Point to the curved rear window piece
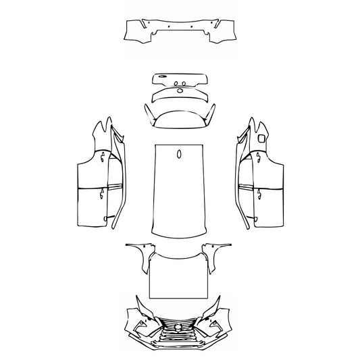[180, 116]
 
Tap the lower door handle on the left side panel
[101, 195]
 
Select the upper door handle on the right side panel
[259, 157]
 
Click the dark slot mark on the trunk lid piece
[163, 76]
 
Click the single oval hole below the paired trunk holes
[180, 89]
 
